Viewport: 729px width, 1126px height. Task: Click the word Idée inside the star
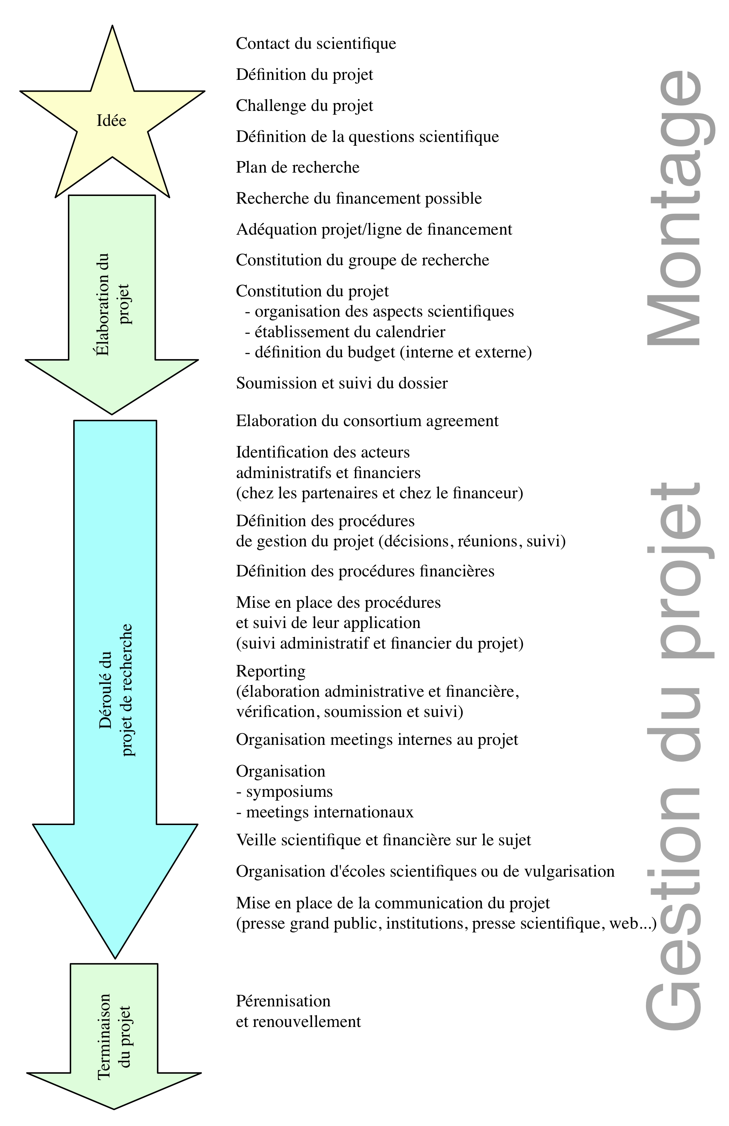point(111,120)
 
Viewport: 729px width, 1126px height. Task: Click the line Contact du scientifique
point(316,44)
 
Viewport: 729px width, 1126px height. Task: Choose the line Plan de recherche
point(297,167)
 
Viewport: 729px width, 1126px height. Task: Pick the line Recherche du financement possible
point(359,198)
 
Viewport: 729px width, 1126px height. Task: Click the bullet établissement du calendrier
point(345,332)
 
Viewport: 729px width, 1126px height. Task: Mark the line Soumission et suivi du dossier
point(342,383)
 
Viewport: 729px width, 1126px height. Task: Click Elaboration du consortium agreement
point(367,421)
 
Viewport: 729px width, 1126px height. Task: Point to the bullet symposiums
point(284,792)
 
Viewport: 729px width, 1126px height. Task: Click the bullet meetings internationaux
point(325,812)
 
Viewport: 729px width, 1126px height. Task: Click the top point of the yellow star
point(112,25)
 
